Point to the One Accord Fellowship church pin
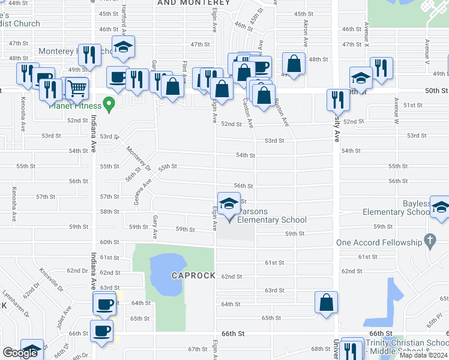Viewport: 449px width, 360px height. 429,241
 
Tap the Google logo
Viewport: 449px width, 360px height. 20,353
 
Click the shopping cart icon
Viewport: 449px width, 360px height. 77,88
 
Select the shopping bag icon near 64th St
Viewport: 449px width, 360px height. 326,303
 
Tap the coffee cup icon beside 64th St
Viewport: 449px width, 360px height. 104,304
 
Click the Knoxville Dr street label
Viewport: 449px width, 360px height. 53,279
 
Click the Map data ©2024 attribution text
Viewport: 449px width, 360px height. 423,355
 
